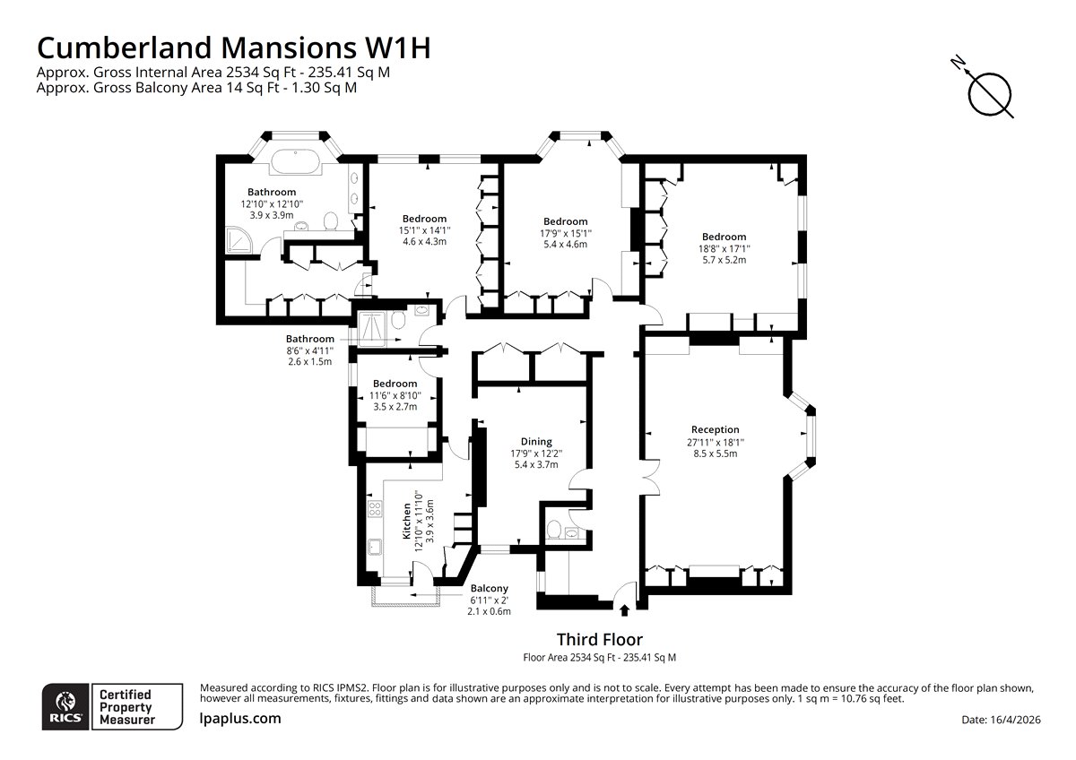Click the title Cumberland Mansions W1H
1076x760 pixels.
(232, 47)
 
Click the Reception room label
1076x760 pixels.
(715, 429)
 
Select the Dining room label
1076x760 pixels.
(536, 441)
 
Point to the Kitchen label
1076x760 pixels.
(406, 520)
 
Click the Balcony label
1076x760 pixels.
(489, 588)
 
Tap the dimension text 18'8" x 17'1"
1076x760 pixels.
(725, 248)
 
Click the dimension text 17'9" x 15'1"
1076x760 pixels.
(565, 233)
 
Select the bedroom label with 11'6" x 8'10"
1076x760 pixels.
(395, 384)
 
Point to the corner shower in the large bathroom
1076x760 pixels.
(238, 239)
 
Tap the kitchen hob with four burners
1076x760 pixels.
(374, 511)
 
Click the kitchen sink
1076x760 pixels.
(374, 547)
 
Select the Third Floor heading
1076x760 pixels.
(599, 639)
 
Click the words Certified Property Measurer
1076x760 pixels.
(126, 706)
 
